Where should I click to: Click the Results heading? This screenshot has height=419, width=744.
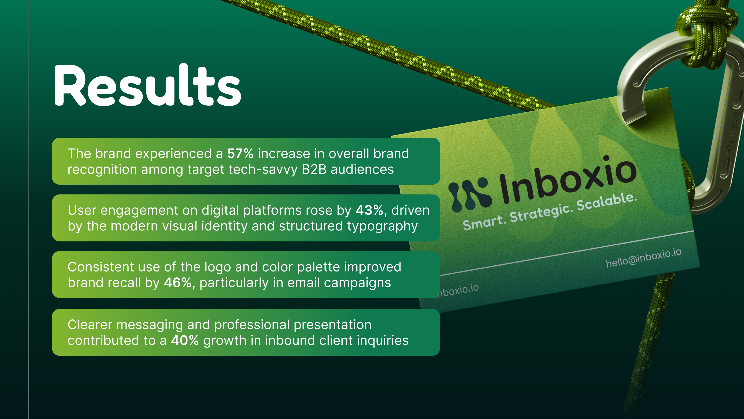pyautogui.click(x=147, y=85)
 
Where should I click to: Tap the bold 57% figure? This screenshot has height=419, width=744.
pyautogui.click(x=240, y=154)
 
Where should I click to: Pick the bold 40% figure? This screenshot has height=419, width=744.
pyautogui.click(x=184, y=340)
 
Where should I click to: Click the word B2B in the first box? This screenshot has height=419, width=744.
pyautogui.click(x=314, y=169)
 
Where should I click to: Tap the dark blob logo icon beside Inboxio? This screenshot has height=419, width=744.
pyautogui.click(x=470, y=194)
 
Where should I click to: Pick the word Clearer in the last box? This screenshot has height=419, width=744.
pyautogui.click(x=90, y=325)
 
